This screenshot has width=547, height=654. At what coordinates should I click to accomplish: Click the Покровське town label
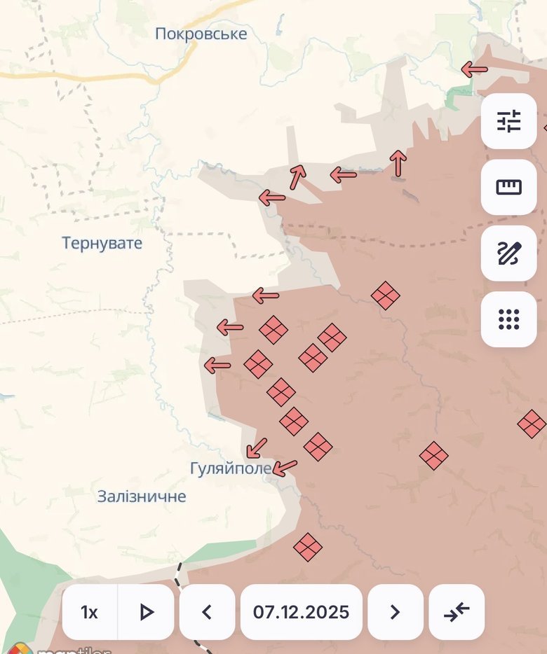click(x=201, y=34)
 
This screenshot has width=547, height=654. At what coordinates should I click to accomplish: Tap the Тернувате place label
click(x=102, y=244)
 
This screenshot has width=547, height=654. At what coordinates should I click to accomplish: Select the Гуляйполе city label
click(x=230, y=468)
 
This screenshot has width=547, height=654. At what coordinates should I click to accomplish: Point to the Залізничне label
click(x=142, y=496)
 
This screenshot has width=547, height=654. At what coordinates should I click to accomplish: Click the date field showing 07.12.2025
click(x=301, y=612)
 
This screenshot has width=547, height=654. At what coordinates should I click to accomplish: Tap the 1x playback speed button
click(x=90, y=612)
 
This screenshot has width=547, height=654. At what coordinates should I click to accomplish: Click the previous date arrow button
click(x=207, y=612)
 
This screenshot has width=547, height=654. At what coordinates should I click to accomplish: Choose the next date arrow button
click(x=395, y=612)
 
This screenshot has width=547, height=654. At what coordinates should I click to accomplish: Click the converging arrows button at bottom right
click(x=457, y=612)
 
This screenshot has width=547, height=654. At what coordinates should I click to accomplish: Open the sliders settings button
click(x=508, y=121)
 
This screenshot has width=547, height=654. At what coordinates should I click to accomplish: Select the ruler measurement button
click(x=508, y=187)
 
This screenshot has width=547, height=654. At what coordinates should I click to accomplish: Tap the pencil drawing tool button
click(x=508, y=253)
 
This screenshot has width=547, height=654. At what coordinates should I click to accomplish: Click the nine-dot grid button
click(x=508, y=319)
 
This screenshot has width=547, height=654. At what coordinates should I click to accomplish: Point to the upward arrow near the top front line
click(x=398, y=163)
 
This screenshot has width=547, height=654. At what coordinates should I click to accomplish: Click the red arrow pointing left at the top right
click(x=475, y=69)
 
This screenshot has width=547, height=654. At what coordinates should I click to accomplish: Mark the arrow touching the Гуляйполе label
click(x=285, y=467)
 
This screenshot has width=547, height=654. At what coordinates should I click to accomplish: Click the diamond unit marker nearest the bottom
click(x=307, y=547)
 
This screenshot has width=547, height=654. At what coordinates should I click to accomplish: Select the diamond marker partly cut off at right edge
click(x=532, y=424)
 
